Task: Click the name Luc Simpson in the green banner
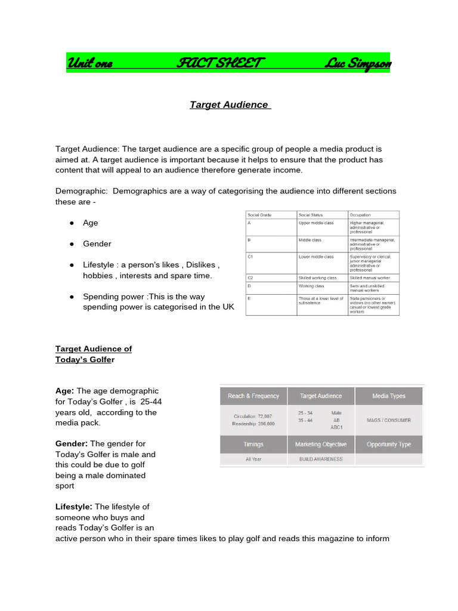click(x=358, y=63)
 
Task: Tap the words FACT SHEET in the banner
click(x=220, y=63)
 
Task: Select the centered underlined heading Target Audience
click(x=230, y=105)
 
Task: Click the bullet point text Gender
click(x=97, y=243)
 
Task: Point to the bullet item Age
click(x=90, y=223)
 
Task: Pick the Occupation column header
click(x=360, y=215)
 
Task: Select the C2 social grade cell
click(x=251, y=277)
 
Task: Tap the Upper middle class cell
click(x=316, y=223)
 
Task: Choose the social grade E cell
click(x=250, y=298)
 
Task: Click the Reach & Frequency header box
click(x=253, y=396)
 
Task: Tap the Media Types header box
click(x=388, y=396)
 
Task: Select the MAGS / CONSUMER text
click(x=388, y=420)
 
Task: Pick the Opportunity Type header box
click(x=388, y=445)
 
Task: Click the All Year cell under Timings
click(x=253, y=459)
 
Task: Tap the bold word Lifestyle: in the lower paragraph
click(x=74, y=507)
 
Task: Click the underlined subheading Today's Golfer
click(x=85, y=360)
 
